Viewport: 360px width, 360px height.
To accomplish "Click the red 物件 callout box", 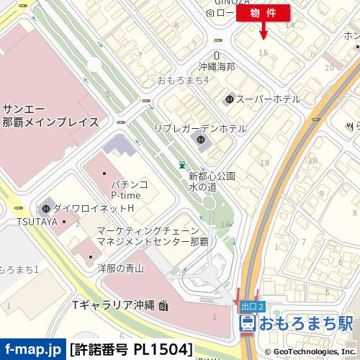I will point(263,12).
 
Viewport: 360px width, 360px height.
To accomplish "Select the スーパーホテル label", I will point(264,99).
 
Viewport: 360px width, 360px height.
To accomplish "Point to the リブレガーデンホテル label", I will point(199,128).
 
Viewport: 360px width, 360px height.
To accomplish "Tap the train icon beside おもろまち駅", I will point(246,322).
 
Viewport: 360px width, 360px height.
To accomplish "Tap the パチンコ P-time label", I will point(130,189).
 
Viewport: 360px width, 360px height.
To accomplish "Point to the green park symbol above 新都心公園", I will point(182,165).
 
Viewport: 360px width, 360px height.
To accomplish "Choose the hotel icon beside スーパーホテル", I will point(230,99).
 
